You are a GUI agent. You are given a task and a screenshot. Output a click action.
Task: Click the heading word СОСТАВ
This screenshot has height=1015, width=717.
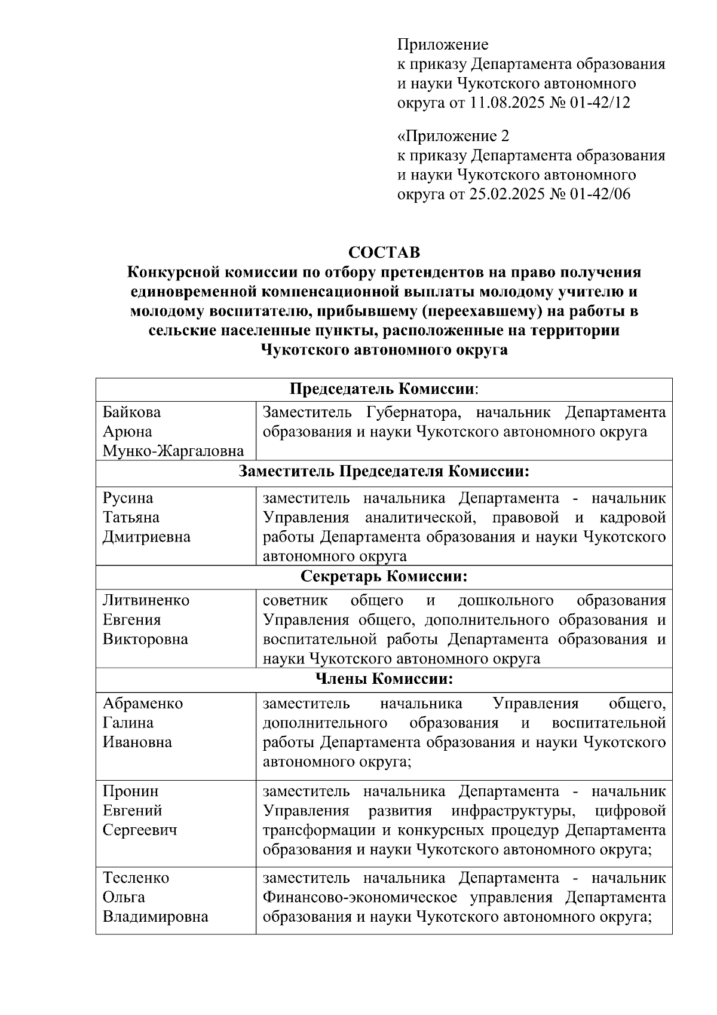[x=384, y=252]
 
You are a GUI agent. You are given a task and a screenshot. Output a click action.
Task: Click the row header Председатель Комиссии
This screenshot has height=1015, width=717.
[x=384, y=389]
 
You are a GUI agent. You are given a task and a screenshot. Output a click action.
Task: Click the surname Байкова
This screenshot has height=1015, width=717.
[x=131, y=412]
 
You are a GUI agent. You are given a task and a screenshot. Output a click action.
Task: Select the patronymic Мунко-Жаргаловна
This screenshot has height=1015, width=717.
[x=173, y=451]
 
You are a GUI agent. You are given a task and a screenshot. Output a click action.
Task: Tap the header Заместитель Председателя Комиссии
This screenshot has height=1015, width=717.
[x=384, y=471]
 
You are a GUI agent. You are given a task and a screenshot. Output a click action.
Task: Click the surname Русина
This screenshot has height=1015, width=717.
[x=128, y=498]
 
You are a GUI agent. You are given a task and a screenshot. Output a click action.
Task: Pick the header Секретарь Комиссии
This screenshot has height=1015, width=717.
[x=384, y=576]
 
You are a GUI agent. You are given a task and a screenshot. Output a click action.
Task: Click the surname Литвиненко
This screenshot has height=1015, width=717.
[x=146, y=600]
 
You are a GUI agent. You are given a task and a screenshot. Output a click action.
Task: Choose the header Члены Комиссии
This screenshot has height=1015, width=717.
[x=384, y=679]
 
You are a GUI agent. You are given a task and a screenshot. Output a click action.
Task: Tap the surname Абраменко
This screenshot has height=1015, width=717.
[x=143, y=704]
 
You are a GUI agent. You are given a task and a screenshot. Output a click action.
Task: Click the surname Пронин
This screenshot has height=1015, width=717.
[x=131, y=791]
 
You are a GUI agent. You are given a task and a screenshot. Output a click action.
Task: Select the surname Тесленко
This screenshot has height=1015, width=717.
[x=136, y=878]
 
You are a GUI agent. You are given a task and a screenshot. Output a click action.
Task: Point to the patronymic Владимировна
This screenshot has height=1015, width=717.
[x=155, y=917]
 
